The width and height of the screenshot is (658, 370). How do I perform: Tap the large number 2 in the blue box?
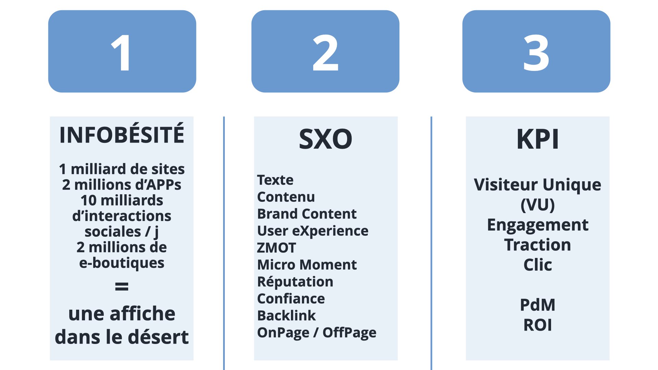point(325,53)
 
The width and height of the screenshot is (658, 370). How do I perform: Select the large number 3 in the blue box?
point(536,53)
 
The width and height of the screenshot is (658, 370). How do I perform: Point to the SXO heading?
point(325,139)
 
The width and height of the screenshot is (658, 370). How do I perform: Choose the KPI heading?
point(537,139)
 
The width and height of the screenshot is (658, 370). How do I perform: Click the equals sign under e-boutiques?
point(122,286)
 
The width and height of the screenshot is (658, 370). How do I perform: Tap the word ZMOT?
point(276,248)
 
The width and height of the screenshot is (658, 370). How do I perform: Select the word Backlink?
point(287,316)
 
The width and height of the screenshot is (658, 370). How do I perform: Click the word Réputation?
point(295,282)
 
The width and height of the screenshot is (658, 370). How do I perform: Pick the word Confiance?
point(291,299)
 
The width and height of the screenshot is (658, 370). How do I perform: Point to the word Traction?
point(537,245)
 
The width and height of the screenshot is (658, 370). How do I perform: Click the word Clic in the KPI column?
point(537,265)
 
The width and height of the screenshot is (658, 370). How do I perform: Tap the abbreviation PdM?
point(537,305)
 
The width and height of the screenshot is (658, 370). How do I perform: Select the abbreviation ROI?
point(537,325)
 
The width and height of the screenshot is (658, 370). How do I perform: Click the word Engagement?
point(537,225)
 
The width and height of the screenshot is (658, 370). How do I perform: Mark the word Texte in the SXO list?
point(275,180)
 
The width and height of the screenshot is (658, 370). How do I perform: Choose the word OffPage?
point(349,333)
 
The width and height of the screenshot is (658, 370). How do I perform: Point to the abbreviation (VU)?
point(537,205)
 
